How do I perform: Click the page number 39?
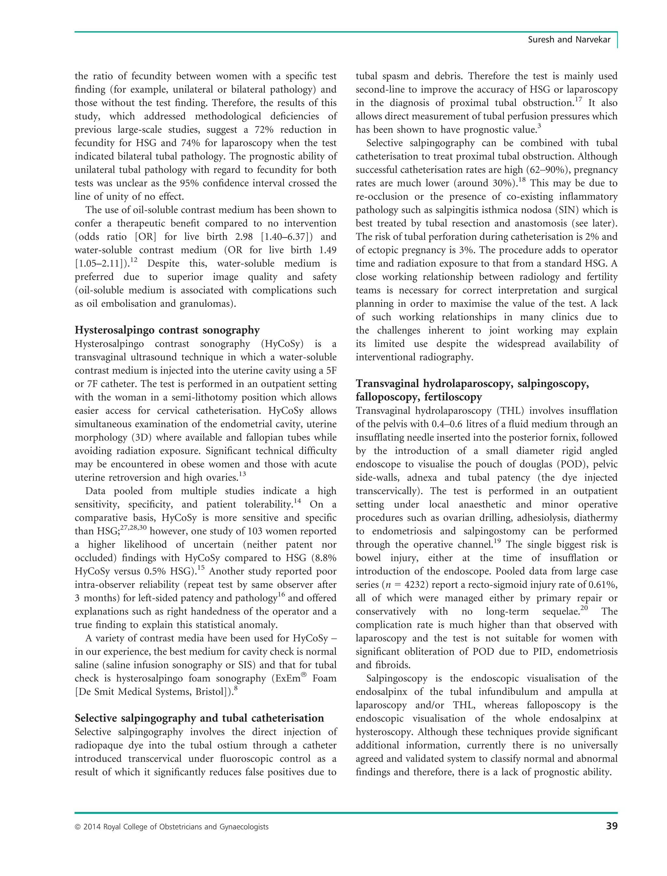coord(611,826)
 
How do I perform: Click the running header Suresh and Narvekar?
coord(569,40)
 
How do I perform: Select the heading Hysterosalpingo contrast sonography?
coord(167,330)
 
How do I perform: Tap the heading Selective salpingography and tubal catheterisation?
coord(199,718)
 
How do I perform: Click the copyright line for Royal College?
coord(172,827)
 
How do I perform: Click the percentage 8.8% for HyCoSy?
coord(324,558)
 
